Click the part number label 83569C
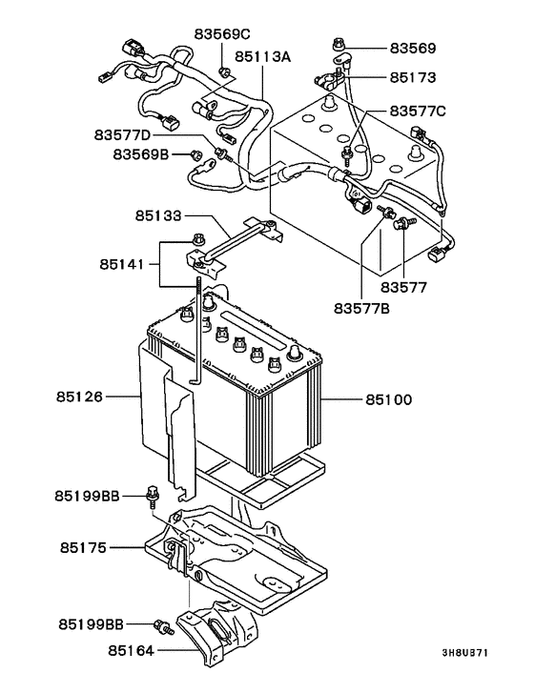pos(222,33)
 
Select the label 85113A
pos(262,56)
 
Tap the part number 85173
pos(413,77)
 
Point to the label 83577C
pos(418,112)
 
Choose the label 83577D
pos(122,134)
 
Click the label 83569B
pos(141,154)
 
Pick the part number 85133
pos(158,215)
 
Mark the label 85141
pos(122,264)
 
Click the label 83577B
pos(361,308)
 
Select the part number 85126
pos(79,397)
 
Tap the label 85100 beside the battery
pos(388,399)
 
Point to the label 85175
pos(83,548)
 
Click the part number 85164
pos(131,651)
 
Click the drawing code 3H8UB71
pos(465,652)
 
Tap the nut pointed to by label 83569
pos(338,43)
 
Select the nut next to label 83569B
pos(195,154)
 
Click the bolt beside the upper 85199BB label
pos(153,497)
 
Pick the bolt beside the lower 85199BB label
pos(164,627)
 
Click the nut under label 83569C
pos(224,71)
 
